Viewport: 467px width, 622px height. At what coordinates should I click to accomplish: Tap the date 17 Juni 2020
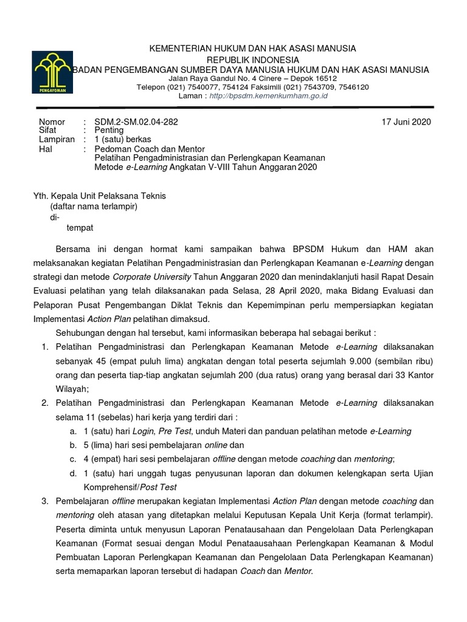tap(406, 121)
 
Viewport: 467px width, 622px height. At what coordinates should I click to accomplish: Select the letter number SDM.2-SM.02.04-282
tap(136, 121)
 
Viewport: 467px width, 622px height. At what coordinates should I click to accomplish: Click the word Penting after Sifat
tap(109, 130)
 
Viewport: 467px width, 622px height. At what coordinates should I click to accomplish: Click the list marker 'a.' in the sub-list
tap(73, 431)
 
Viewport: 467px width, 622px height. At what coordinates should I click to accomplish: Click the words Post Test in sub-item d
tap(160, 487)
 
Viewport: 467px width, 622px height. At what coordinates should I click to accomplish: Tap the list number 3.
tap(44, 501)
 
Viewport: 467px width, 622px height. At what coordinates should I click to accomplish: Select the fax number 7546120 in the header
tap(353, 87)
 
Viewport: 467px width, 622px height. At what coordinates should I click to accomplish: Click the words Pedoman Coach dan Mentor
tap(150, 148)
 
